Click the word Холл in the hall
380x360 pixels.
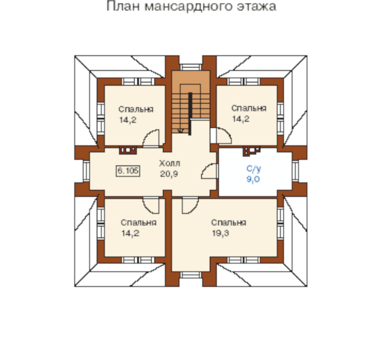point(169,163)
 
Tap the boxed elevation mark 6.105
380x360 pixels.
point(128,171)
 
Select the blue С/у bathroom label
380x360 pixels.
point(254,169)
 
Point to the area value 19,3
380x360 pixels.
point(220,233)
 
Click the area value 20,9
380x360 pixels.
point(169,174)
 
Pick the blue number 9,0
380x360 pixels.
point(253,179)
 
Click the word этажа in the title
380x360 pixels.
point(257,6)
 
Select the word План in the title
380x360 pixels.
point(123,6)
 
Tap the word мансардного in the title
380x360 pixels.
point(188,7)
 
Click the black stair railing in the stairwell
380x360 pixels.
point(190,113)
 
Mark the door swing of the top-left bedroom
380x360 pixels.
point(151,139)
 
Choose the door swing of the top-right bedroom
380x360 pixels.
point(223,135)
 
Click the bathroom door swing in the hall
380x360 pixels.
point(208,171)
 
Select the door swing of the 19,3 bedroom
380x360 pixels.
point(190,206)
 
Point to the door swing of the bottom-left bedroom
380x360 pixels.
point(151,206)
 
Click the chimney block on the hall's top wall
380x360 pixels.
point(128,150)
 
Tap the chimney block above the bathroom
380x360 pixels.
point(252,151)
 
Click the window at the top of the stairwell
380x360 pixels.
point(191,67)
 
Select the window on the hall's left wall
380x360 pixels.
point(86,171)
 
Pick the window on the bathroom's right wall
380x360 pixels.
point(295,171)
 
